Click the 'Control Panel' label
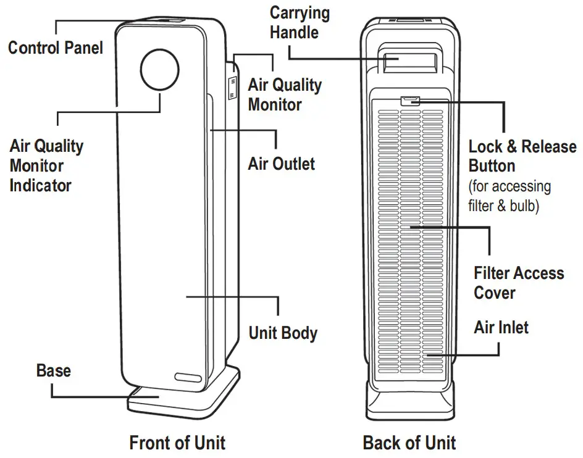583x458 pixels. point(56,48)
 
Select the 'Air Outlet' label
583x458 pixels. point(281,164)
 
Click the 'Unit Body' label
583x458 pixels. point(283,333)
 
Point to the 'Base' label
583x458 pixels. point(54,370)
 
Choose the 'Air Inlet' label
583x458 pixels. point(501,327)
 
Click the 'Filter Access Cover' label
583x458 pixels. point(518,282)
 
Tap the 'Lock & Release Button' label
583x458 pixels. point(522,156)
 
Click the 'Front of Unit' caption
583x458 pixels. point(177,443)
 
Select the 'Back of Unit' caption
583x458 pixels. point(409,443)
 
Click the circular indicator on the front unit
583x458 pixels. point(160,69)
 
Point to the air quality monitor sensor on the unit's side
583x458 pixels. point(232,87)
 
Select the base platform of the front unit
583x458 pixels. point(185,398)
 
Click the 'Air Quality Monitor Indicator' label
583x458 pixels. point(46,165)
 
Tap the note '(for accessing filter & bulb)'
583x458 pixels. point(510,196)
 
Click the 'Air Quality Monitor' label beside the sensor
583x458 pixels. point(284,94)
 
